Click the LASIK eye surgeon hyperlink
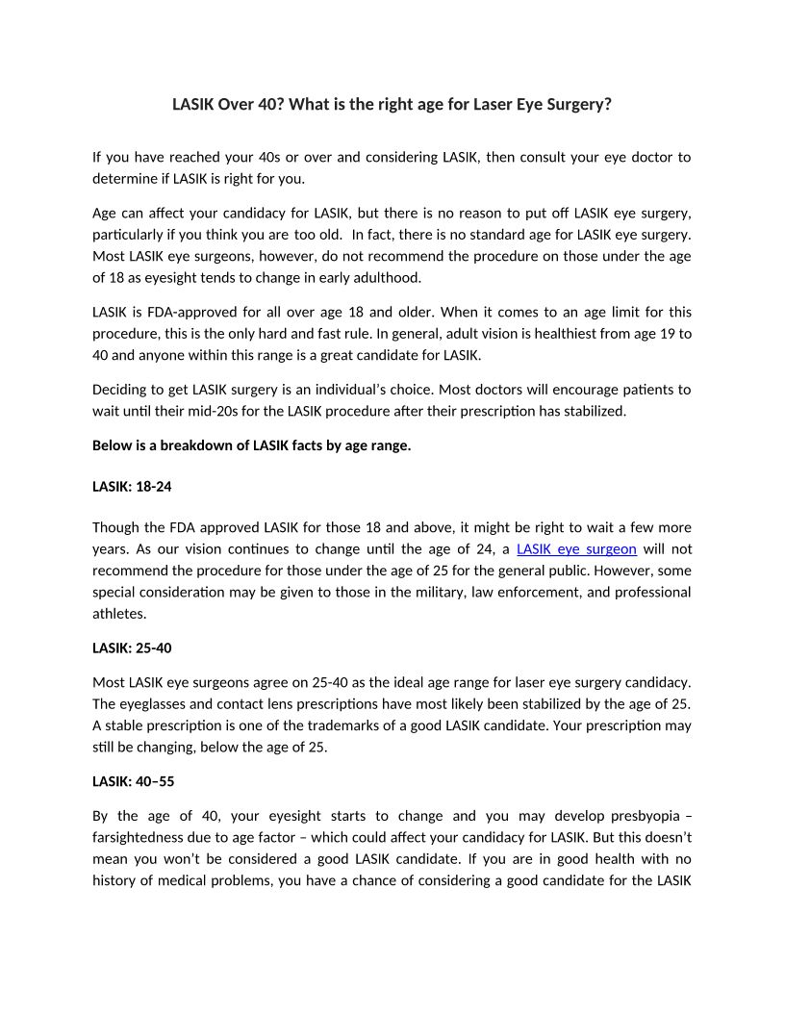click(576, 549)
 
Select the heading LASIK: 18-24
click(132, 487)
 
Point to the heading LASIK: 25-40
click(132, 648)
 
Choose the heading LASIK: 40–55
click(133, 781)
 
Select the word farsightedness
click(141, 837)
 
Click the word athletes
click(120, 613)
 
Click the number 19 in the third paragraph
click(648, 334)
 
